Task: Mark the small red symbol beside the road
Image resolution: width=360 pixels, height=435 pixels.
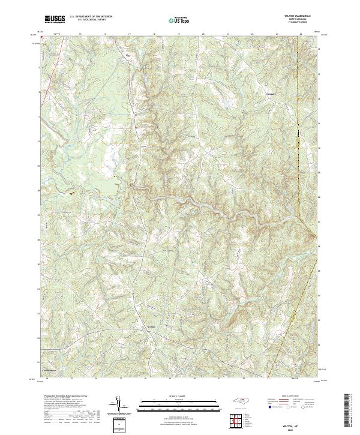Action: coord(136,127)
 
